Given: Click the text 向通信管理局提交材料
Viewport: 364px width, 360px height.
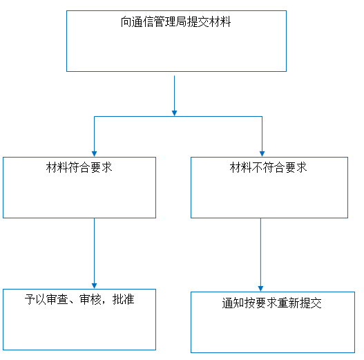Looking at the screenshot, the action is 175,22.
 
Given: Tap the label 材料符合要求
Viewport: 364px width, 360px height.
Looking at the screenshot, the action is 79,167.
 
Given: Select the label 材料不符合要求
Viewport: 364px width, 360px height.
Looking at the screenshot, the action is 268,167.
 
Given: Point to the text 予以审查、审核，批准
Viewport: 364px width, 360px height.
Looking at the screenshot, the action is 79,299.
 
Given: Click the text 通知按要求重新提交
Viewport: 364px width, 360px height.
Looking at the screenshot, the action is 271,303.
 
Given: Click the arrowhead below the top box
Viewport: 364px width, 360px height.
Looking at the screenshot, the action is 174,113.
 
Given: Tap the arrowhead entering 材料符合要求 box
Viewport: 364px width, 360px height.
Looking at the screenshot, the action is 94,154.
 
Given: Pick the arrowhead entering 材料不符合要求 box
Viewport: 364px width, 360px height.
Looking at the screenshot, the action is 262,154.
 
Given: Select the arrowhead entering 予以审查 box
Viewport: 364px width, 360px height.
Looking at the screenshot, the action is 94,286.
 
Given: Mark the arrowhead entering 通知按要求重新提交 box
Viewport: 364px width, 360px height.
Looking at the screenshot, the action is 260,289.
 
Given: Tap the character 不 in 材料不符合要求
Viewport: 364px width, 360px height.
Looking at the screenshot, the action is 257,167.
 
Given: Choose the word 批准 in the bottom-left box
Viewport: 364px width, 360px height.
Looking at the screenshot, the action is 124,299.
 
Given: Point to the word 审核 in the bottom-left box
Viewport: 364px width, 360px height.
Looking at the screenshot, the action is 90,299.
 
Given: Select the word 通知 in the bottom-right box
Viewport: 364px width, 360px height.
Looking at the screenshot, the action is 233,303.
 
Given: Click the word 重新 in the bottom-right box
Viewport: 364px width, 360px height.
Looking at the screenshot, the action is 288,303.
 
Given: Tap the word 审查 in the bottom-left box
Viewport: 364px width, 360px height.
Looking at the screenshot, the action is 57,299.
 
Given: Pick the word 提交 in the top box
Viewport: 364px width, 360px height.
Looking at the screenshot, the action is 198,22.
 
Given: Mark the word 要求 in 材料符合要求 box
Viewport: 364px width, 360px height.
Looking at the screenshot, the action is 102,167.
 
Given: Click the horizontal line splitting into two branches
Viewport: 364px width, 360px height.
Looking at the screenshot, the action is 178,116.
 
